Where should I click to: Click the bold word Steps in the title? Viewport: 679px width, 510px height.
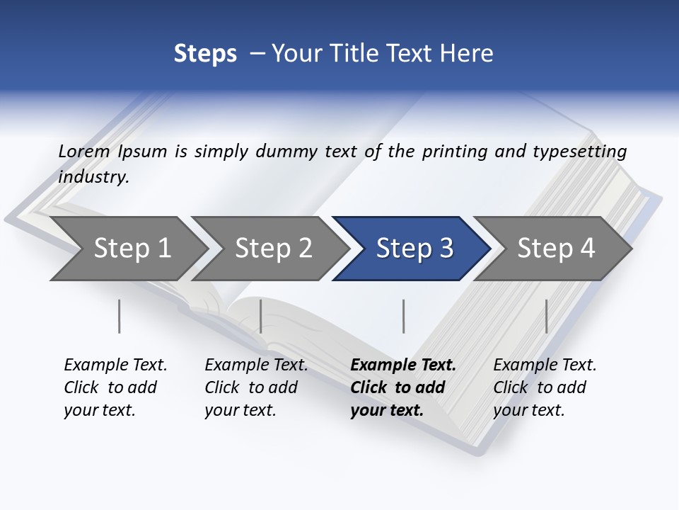click(205, 54)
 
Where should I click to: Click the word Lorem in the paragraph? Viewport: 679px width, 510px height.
click(84, 151)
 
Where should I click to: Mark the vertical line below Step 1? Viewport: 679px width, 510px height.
click(120, 316)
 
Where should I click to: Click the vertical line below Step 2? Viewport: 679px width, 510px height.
click(261, 316)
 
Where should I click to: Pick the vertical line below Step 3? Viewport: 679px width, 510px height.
click(403, 316)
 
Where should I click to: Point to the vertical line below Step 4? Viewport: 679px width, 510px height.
click(546, 316)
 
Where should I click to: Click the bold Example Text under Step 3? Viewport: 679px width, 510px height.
click(403, 365)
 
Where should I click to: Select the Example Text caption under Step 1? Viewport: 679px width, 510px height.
click(115, 365)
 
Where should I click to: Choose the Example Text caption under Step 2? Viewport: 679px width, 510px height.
click(256, 365)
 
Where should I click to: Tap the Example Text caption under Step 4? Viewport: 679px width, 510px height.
click(545, 365)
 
